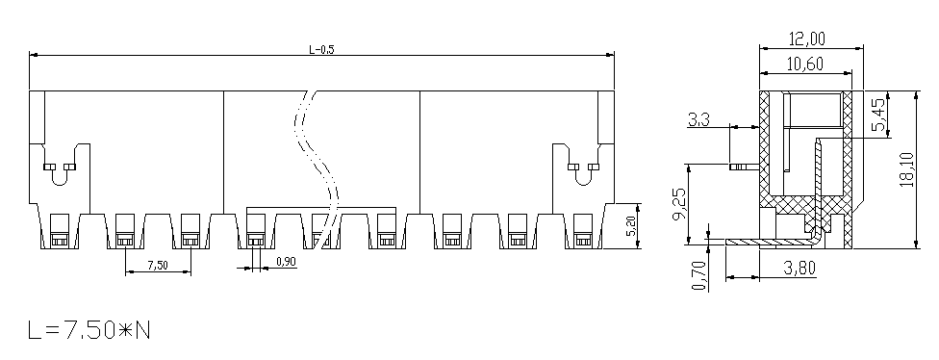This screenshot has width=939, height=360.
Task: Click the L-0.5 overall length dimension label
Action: pyautogui.click(x=321, y=50)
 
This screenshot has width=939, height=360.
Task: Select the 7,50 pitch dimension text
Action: pyautogui.click(x=158, y=266)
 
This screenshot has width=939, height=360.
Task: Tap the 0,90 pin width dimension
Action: pyautogui.click(x=287, y=262)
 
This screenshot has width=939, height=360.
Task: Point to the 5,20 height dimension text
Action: pyautogui.click(x=630, y=226)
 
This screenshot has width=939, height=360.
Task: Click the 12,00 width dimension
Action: pyautogui.click(x=806, y=39)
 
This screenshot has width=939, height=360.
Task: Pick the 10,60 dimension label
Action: pyautogui.click(x=805, y=64)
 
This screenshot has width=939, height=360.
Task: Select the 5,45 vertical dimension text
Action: pyautogui.click(x=879, y=115)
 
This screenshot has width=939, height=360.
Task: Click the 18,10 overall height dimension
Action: pyautogui.click(x=906, y=169)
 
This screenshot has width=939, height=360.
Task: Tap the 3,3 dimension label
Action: pyautogui.click(x=698, y=120)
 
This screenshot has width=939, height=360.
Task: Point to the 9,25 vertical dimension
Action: pyautogui.click(x=679, y=205)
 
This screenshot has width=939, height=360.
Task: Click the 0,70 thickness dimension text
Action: pyautogui.click(x=699, y=275)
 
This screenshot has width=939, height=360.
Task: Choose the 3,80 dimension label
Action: pyautogui.click(x=799, y=268)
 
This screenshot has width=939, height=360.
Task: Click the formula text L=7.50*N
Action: pyautogui.click(x=89, y=330)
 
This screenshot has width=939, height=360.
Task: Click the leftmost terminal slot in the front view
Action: pyautogui.click(x=59, y=231)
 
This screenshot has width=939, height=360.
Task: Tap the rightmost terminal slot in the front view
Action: pyautogui.click(x=583, y=231)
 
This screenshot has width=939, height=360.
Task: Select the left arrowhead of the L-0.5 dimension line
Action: pyautogui.click(x=34, y=55)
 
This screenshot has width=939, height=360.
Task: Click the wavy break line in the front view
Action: pyautogui.click(x=317, y=169)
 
